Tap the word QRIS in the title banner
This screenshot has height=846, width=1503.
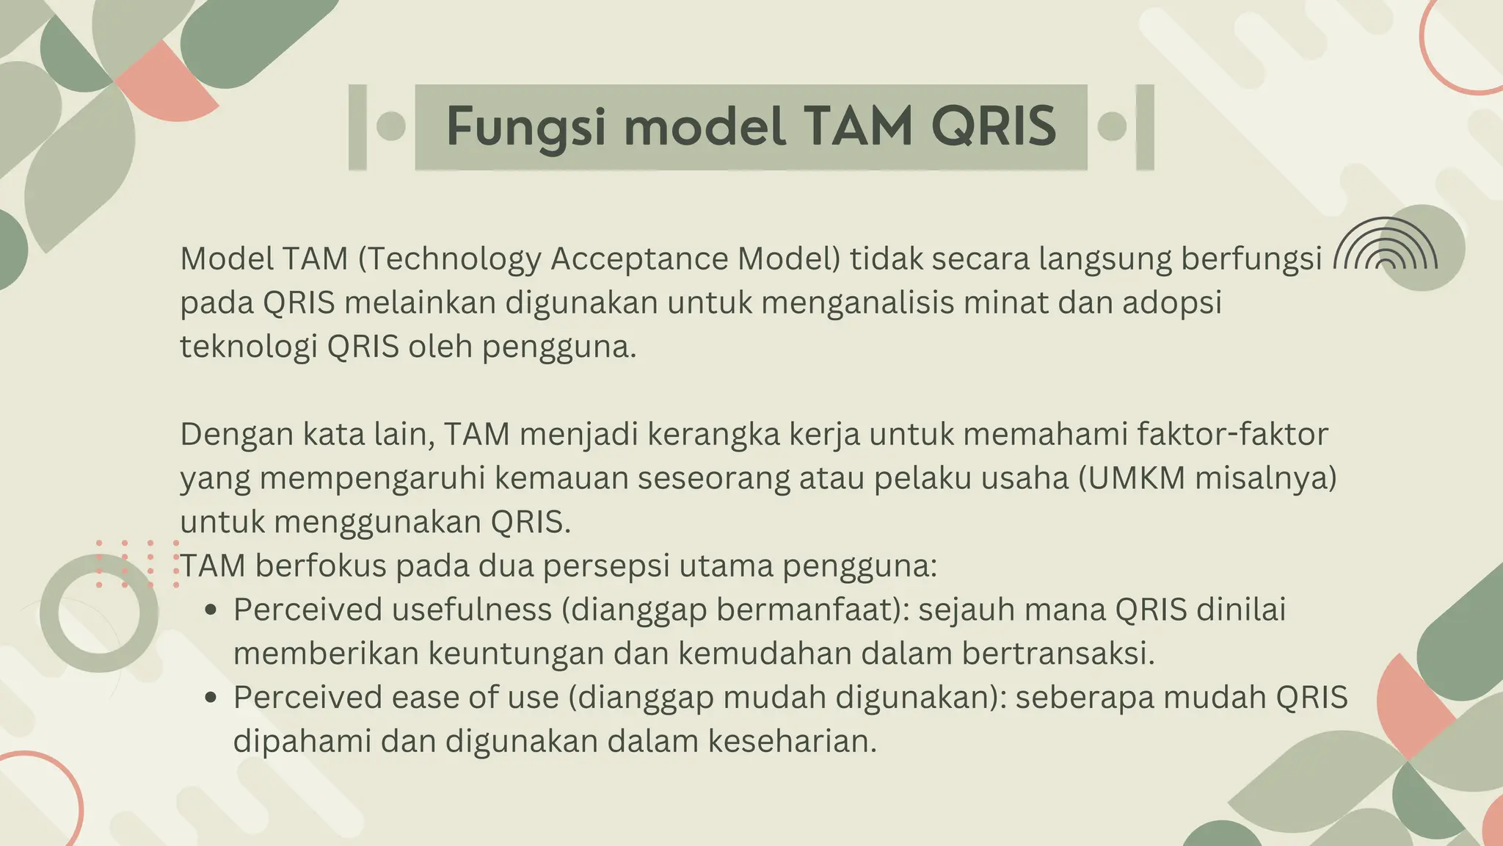(x=994, y=127)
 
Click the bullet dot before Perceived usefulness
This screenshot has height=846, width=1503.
(x=211, y=610)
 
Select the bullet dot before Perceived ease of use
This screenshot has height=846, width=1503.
(x=211, y=698)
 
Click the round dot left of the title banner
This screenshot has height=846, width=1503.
(x=390, y=126)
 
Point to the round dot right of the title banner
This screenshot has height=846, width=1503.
(x=1112, y=126)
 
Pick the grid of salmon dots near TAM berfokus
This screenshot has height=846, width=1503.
(x=137, y=564)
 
